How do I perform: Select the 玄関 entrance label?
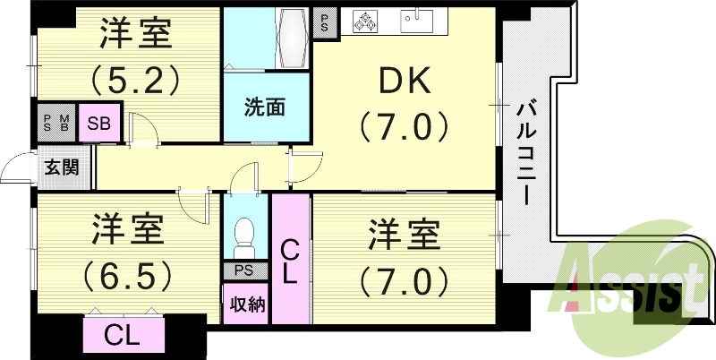pyautogui.click(x=62, y=166)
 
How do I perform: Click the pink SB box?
pyautogui.click(x=98, y=124)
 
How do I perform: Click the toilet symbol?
pyautogui.click(x=243, y=236)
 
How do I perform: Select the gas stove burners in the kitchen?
pyautogui.click(x=366, y=22)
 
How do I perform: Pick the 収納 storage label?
pyautogui.click(x=245, y=304)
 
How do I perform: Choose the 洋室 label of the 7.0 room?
pyautogui.click(x=404, y=237)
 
